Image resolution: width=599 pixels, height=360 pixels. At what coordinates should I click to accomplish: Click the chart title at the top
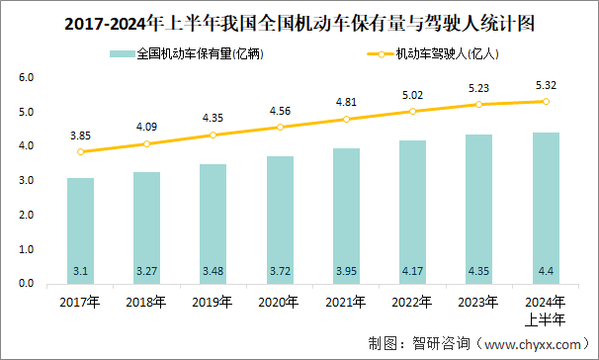coord(299,22)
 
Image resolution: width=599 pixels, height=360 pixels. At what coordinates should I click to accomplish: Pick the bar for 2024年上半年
coord(546,208)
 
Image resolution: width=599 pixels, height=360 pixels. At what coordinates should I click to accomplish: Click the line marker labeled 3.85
coord(81,152)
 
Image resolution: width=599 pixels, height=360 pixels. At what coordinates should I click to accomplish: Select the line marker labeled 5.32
coord(546,101)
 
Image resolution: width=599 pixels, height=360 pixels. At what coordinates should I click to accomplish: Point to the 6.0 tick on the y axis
coord(27,77)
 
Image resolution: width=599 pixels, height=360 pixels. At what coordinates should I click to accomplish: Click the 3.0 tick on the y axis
coord(27,181)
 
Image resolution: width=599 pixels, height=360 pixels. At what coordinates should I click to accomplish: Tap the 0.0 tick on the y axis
coord(27,284)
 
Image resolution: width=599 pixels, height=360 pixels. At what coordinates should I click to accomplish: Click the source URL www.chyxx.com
coord(528,344)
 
